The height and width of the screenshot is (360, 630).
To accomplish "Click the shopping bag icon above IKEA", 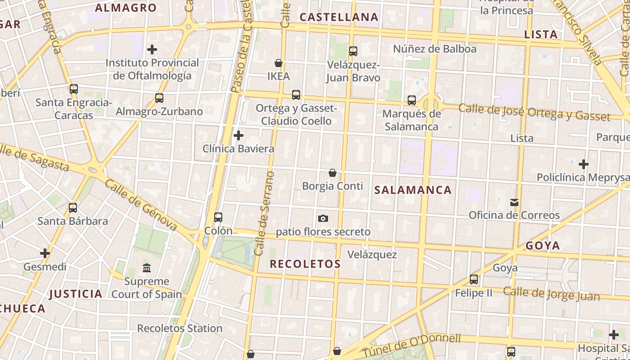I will (279, 63).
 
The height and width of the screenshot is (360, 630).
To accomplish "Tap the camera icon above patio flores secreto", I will (323, 219).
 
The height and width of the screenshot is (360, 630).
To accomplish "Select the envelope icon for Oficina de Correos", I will (514, 202).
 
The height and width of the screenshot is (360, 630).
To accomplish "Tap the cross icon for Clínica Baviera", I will (238, 135).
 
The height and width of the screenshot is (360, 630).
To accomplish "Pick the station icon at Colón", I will (218, 217).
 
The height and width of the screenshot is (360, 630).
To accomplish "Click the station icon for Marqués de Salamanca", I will (412, 100).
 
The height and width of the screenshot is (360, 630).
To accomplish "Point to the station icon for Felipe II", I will (474, 279).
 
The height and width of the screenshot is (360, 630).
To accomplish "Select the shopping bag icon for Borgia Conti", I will (333, 173).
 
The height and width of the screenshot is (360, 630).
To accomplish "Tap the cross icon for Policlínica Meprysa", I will (584, 164).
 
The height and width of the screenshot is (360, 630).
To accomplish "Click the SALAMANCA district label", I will (413, 190).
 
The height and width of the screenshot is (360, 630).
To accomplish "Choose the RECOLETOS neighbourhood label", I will (305, 264).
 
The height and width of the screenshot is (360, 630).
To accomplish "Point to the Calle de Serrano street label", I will (264, 213).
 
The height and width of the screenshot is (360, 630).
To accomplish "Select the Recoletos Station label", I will (180, 328).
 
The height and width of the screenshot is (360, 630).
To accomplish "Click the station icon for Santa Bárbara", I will (73, 208).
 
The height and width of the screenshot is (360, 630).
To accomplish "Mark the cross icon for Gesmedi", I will (45, 254).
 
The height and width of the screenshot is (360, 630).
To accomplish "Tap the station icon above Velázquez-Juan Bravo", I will (353, 51).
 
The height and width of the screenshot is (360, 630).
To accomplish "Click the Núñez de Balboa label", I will (435, 49).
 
